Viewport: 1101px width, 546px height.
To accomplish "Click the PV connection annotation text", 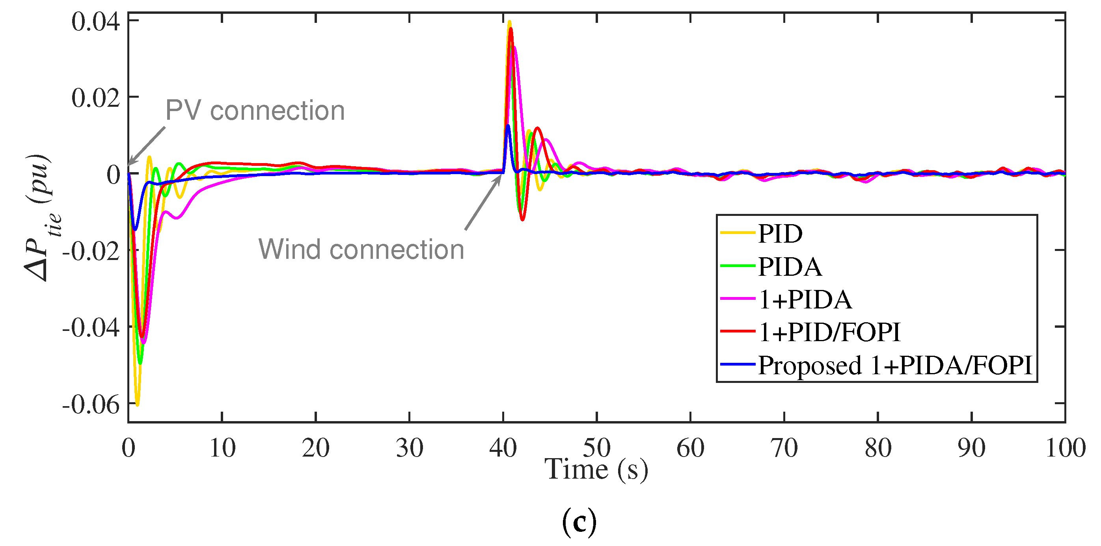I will [255, 111].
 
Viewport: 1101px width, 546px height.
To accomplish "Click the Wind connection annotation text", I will [361, 249].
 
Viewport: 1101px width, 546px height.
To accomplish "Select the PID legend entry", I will [780, 233].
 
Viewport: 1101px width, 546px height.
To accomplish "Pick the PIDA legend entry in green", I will [790, 267].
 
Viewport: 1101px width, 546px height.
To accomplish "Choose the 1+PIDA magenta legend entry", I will [805, 299].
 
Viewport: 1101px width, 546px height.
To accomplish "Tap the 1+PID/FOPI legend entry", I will [829, 332].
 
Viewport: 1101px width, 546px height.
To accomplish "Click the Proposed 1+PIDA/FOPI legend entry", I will [894, 365].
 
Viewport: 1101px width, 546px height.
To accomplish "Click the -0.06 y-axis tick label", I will [91, 404].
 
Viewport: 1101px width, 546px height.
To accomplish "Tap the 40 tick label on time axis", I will [503, 448].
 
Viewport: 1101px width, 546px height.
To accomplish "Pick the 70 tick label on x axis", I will [784, 448].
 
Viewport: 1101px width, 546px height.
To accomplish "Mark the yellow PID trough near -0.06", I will [137, 403].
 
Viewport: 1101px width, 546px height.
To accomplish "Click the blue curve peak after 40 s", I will [508, 126].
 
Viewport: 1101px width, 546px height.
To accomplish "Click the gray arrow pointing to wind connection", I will [483, 202].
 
